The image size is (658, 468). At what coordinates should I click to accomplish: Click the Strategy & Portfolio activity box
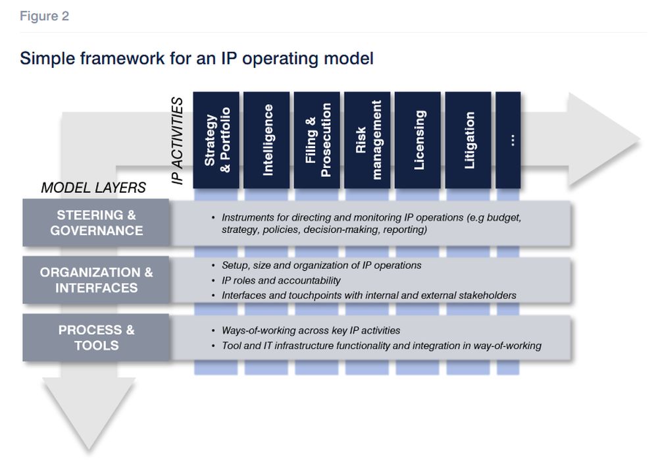tap(216, 140)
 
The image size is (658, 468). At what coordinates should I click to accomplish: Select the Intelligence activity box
tap(266, 140)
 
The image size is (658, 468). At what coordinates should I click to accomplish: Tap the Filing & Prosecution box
tap(317, 140)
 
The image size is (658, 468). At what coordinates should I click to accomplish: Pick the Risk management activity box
tap(367, 140)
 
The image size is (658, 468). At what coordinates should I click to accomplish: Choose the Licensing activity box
tap(418, 140)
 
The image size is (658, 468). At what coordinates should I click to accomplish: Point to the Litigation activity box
tap(468, 140)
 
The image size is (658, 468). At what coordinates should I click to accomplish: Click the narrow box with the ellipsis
tap(508, 140)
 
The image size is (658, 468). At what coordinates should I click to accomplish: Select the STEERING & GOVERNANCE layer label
tap(96, 223)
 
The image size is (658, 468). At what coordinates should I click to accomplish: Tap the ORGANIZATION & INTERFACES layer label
tap(96, 280)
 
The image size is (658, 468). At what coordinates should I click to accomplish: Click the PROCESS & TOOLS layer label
tap(96, 338)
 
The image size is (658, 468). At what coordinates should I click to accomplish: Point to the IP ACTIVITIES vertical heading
tap(177, 141)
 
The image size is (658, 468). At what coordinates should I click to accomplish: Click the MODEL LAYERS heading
tap(93, 188)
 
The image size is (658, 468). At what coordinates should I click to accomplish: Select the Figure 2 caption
tap(44, 16)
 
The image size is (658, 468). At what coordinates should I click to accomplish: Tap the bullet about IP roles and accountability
tap(281, 280)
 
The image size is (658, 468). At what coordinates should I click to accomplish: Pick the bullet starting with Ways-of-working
tap(311, 330)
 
